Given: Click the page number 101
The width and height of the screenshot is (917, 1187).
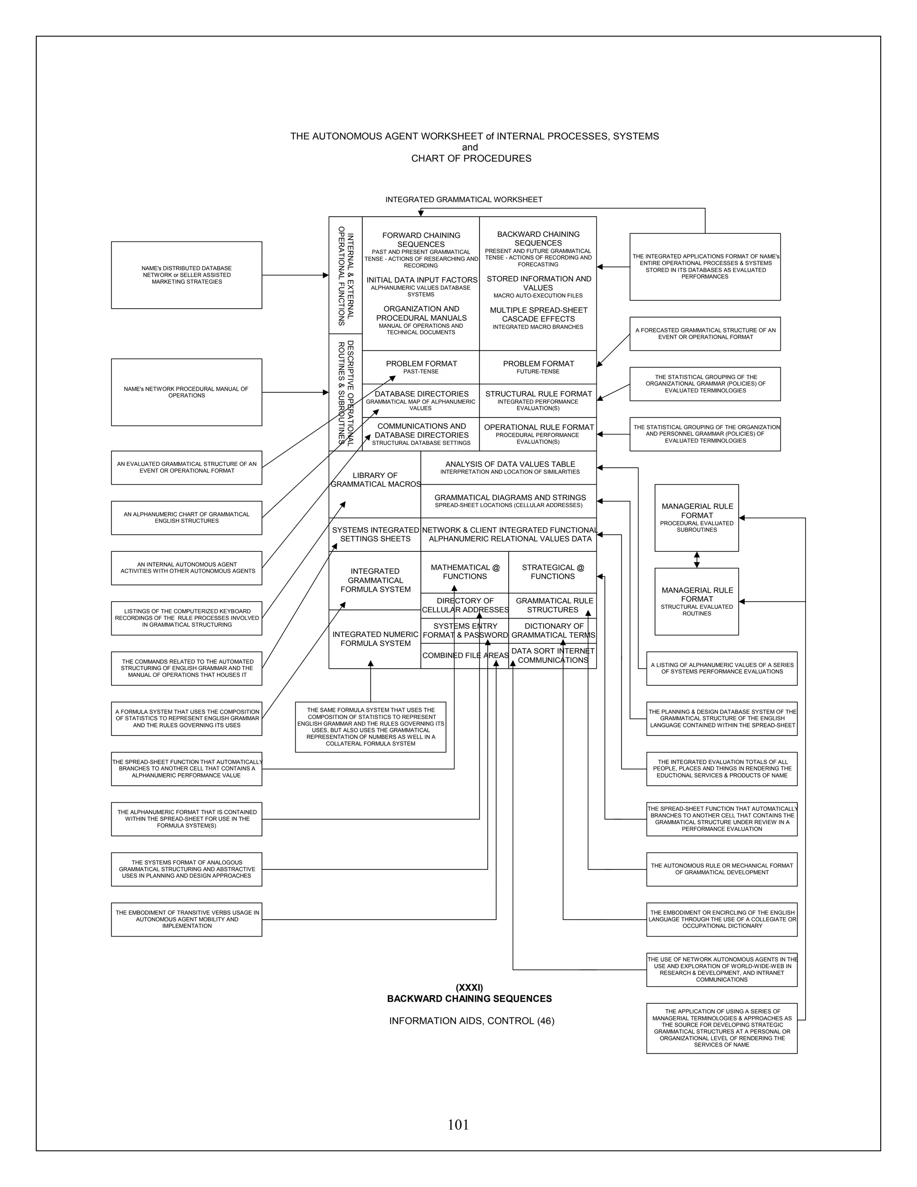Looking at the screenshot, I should (458, 1124).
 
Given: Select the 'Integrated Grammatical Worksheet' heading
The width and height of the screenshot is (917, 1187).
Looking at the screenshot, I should (463, 199).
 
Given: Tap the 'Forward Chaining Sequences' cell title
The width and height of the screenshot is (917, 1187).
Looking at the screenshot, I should (421, 240).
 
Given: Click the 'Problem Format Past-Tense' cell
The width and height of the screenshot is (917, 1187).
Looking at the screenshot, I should (421, 367).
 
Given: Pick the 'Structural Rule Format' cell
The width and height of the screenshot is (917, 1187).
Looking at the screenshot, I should (538, 400).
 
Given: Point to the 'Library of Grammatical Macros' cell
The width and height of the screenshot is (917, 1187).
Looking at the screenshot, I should (375, 480).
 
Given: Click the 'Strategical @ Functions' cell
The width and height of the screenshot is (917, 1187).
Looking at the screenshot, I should (553, 572).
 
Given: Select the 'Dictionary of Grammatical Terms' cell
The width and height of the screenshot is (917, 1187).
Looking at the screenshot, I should (553, 631).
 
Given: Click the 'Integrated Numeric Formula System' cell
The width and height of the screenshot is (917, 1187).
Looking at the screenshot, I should (375, 639).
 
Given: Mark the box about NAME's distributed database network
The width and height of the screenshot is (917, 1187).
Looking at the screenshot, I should (186, 275).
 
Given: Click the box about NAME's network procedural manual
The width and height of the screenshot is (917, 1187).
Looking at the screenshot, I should (186, 392).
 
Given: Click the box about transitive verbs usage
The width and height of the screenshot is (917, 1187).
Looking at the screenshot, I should (186, 919).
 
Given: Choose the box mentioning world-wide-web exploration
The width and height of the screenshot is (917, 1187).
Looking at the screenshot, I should (721, 969).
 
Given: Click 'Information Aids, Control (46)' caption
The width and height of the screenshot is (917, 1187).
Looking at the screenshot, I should (471, 1021).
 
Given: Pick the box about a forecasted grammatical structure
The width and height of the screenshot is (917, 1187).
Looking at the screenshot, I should (705, 334).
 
